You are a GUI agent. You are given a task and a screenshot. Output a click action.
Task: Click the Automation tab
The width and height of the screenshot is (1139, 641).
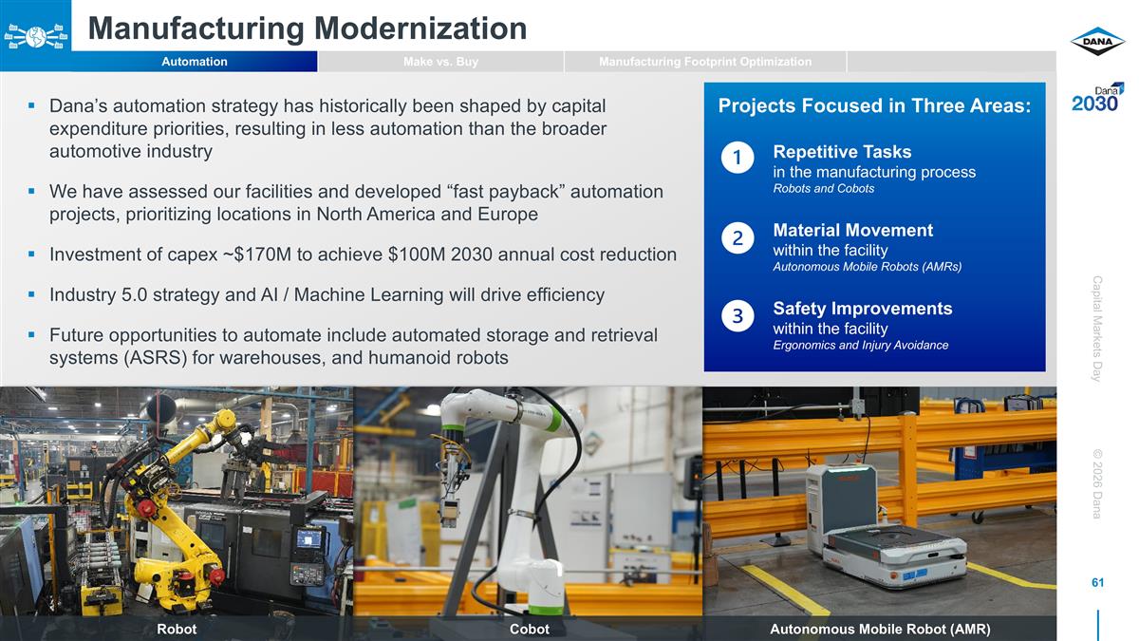tap(194, 62)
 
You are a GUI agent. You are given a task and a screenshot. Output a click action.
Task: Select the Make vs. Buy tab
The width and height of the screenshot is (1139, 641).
tap(440, 62)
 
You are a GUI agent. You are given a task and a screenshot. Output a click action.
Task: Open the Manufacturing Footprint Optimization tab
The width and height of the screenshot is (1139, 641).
tap(705, 62)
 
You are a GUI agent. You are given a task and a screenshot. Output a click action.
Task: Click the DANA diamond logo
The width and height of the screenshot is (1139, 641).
tap(1097, 42)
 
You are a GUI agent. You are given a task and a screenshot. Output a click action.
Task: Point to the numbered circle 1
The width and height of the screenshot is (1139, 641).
tap(737, 158)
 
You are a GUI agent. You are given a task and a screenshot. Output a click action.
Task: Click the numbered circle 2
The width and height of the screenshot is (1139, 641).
tap(737, 236)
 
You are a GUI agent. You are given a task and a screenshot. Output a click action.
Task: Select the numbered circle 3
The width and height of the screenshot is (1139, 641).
tap(737, 315)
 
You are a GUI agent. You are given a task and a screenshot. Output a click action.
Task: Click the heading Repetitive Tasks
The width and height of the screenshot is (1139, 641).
tap(842, 152)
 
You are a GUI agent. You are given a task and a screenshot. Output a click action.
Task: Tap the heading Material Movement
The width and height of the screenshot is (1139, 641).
tap(852, 231)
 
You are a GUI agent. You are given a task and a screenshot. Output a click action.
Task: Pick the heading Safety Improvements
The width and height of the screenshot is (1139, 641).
tap(862, 309)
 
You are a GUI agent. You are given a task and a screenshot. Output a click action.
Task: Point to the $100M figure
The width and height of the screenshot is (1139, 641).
tap(442, 255)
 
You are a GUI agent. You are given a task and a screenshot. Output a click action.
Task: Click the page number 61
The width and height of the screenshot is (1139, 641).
tap(1097, 582)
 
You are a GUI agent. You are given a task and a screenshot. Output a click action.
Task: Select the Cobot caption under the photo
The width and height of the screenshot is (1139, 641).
tap(529, 630)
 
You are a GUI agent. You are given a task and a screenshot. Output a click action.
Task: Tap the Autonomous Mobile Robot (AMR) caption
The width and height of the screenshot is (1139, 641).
tap(880, 630)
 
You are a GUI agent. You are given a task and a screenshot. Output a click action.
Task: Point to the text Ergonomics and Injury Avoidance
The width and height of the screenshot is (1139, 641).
tap(860, 345)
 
